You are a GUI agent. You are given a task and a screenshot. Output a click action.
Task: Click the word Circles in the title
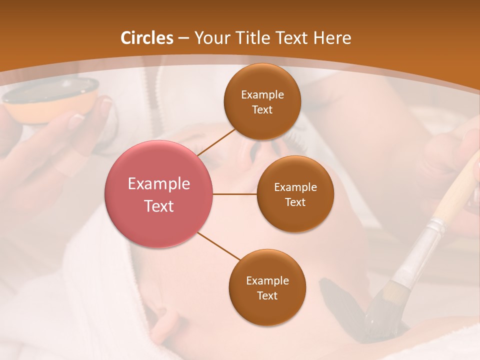[147, 38]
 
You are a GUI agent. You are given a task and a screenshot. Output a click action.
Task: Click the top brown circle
[262, 101]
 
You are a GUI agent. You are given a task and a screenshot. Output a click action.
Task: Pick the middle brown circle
[295, 194]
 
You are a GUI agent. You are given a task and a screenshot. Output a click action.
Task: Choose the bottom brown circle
[267, 287]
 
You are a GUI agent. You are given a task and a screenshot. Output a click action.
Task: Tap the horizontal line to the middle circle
[235, 194]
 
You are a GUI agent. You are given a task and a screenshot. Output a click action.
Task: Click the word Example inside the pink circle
[159, 184]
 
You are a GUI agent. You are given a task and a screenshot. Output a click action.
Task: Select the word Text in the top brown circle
[262, 110]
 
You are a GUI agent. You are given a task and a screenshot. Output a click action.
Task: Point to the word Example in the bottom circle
[267, 280]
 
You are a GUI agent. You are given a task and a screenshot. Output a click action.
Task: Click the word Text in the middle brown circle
[295, 202]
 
